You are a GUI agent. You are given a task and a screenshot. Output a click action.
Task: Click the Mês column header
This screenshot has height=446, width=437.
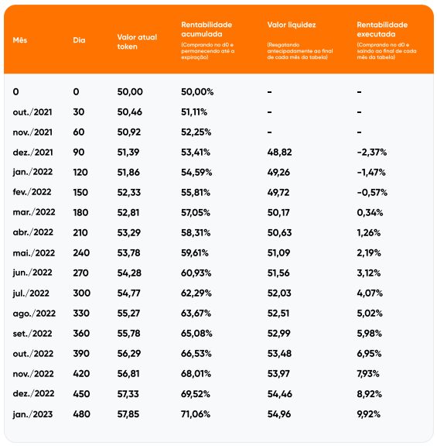20,40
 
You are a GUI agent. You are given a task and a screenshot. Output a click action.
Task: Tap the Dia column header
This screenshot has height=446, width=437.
79,40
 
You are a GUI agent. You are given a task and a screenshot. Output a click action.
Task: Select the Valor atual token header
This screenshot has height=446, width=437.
137,42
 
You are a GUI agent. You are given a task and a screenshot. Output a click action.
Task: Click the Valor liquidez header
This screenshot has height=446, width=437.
292,25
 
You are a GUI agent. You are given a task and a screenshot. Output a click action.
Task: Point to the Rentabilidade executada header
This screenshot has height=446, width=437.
382,29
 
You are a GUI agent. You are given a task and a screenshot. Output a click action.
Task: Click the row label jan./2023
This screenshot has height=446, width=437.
32,414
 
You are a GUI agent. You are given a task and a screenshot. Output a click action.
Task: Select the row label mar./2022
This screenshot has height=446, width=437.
34,212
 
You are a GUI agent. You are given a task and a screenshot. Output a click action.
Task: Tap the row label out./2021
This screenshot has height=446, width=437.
32,112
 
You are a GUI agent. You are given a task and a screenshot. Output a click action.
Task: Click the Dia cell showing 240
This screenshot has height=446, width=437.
81,253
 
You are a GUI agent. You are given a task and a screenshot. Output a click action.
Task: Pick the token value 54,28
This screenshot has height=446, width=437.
129,273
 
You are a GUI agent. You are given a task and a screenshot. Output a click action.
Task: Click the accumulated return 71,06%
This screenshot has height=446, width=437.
196,414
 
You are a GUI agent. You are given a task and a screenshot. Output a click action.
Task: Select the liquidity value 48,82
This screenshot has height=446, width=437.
279,153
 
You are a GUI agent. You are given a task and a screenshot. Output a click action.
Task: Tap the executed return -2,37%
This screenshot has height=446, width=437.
372,153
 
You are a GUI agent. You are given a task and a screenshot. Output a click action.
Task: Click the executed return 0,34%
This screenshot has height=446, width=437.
370,212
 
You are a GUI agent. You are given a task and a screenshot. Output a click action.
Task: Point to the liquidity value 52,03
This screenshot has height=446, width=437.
279,293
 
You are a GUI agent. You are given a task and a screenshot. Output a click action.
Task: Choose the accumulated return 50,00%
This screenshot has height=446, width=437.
197,92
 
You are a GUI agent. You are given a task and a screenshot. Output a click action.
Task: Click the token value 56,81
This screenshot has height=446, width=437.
128,374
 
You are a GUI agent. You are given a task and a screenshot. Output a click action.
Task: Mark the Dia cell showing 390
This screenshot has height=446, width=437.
81,354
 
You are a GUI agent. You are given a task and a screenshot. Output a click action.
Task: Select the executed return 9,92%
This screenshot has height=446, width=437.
368,414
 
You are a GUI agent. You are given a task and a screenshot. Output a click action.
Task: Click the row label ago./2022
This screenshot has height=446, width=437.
34,314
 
